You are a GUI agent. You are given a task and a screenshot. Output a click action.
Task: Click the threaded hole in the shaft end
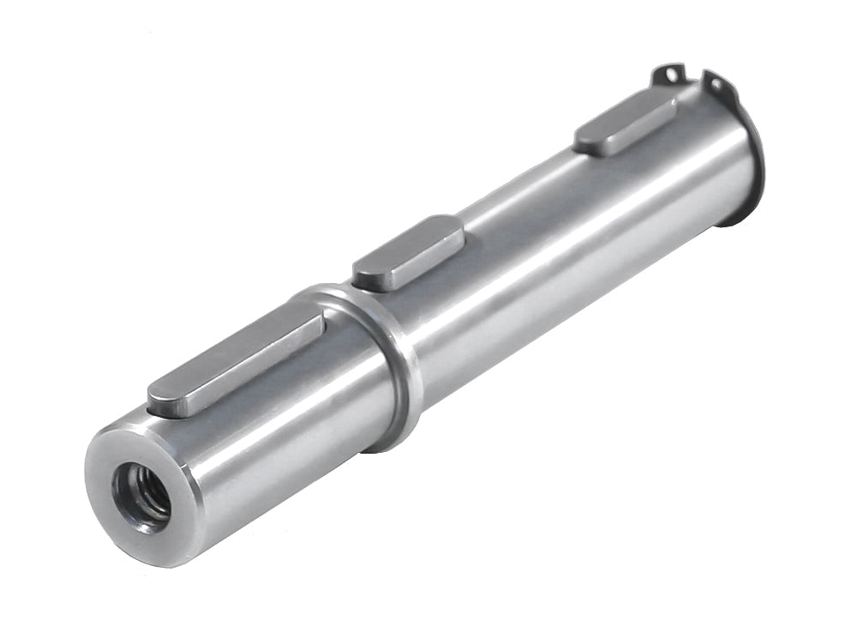pyautogui.click(x=142, y=496)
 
